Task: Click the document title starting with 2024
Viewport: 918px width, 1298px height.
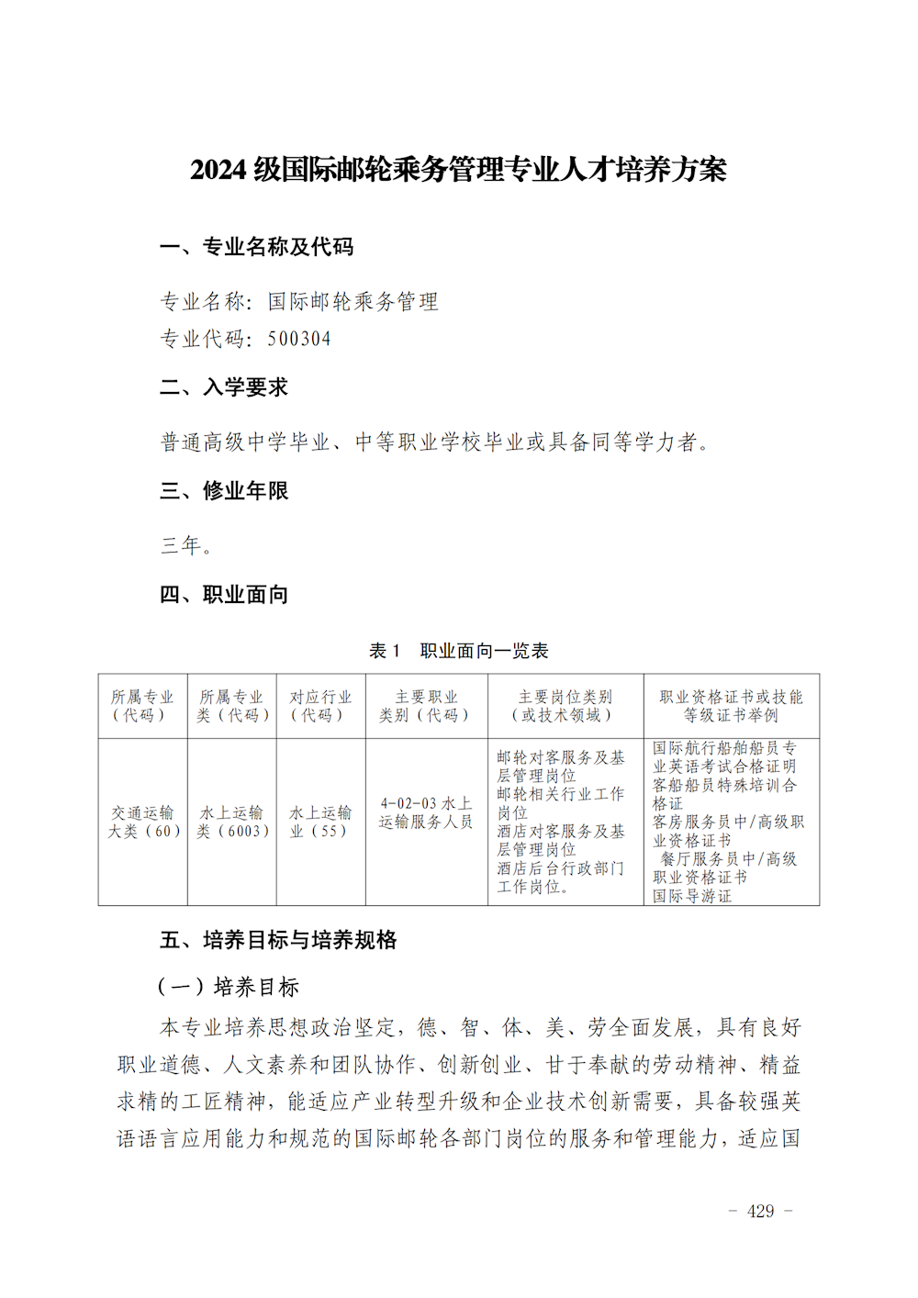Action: pyautogui.click(x=458, y=170)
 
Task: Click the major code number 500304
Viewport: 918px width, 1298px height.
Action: pyautogui.click(x=299, y=339)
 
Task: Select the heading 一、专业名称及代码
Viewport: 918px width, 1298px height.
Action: pyautogui.click(x=256, y=247)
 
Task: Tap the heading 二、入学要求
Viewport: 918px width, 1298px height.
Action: pyautogui.click(x=224, y=387)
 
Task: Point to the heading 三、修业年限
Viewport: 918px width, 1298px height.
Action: pyautogui.click(x=224, y=491)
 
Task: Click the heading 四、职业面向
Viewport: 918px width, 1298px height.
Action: pyautogui.click(x=224, y=595)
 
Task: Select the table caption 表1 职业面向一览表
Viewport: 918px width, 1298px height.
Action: pyautogui.click(x=458, y=651)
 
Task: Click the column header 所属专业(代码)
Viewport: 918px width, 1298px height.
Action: pyautogui.click(x=142, y=706)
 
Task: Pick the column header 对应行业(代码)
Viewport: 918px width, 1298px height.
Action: pyautogui.click(x=320, y=706)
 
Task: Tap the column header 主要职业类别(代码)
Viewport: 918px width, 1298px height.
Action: pyautogui.click(x=426, y=706)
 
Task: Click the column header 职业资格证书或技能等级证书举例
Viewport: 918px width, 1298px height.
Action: pyautogui.click(x=731, y=706)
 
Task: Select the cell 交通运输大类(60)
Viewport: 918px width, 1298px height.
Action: pyautogui.click(x=142, y=822)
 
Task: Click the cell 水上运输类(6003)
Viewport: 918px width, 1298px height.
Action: pyautogui.click(x=231, y=822)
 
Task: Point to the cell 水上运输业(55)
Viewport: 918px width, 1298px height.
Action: pyautogui.click(x=320, y=822)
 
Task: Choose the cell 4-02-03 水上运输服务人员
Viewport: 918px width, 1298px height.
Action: pyautogui.click(x=426, y=812)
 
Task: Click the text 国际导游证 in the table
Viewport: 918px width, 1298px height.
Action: pyautogui.click(x=692, y=896)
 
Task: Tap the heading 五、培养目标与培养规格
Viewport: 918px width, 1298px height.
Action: pyautogui.click(x=278, y=940)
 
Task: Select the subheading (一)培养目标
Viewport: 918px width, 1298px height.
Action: pyautogui.click(x=229, y=987)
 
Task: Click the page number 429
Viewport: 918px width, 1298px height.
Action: pyautogui.click(x=760, y=1211)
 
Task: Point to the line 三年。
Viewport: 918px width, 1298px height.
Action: pyautogui.click(x=186, y=545)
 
